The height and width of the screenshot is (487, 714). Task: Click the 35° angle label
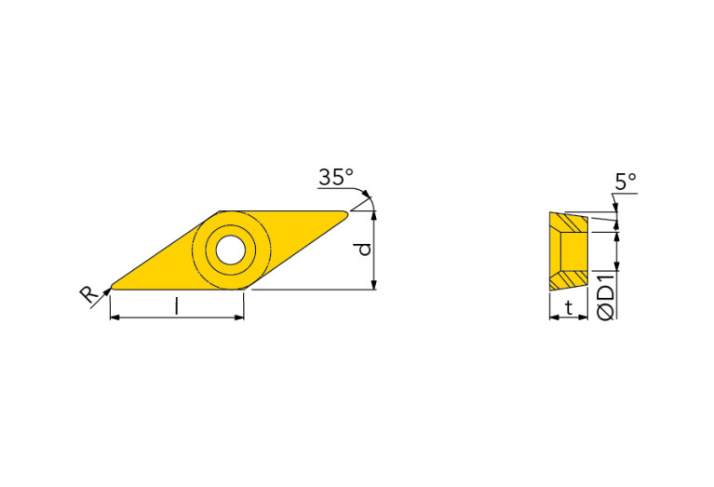pos(335,177)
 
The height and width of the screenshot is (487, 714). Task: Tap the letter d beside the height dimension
pos(365,249)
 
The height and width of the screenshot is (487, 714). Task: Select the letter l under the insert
pos(177,304)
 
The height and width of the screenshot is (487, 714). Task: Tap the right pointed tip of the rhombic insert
pos(346,214)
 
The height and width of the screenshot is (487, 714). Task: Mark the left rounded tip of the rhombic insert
pos(113,285)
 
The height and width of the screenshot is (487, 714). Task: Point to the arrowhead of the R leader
pos(107,290)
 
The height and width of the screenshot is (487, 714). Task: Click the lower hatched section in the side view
pos(568,278)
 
